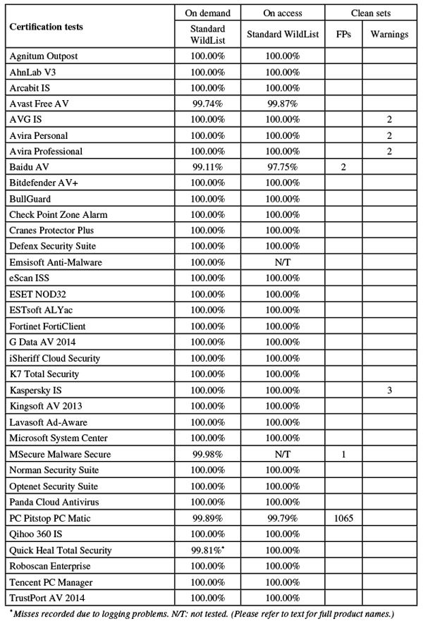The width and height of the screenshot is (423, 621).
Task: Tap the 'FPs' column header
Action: (x=343, y=33)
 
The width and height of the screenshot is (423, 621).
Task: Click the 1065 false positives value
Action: (x=343, y=518)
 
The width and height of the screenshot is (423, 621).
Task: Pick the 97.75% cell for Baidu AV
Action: (x=283, y=167)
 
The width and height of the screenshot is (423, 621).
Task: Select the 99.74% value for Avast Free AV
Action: (x=208, y=103)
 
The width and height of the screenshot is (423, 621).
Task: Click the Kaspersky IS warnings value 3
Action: (x=389, y=390)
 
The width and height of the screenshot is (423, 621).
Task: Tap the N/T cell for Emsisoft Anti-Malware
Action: (x=283, y=262)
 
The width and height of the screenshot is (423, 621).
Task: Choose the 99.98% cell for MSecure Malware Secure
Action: (x=208, y=454)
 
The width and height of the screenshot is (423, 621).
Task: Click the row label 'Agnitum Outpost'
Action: (x=44, y=55)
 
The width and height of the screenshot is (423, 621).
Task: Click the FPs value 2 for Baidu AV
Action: (x=343, y=167)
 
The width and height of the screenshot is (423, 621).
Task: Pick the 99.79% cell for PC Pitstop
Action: (x=283, y=518)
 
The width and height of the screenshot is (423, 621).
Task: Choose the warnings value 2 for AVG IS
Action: (x=389, y=119)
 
